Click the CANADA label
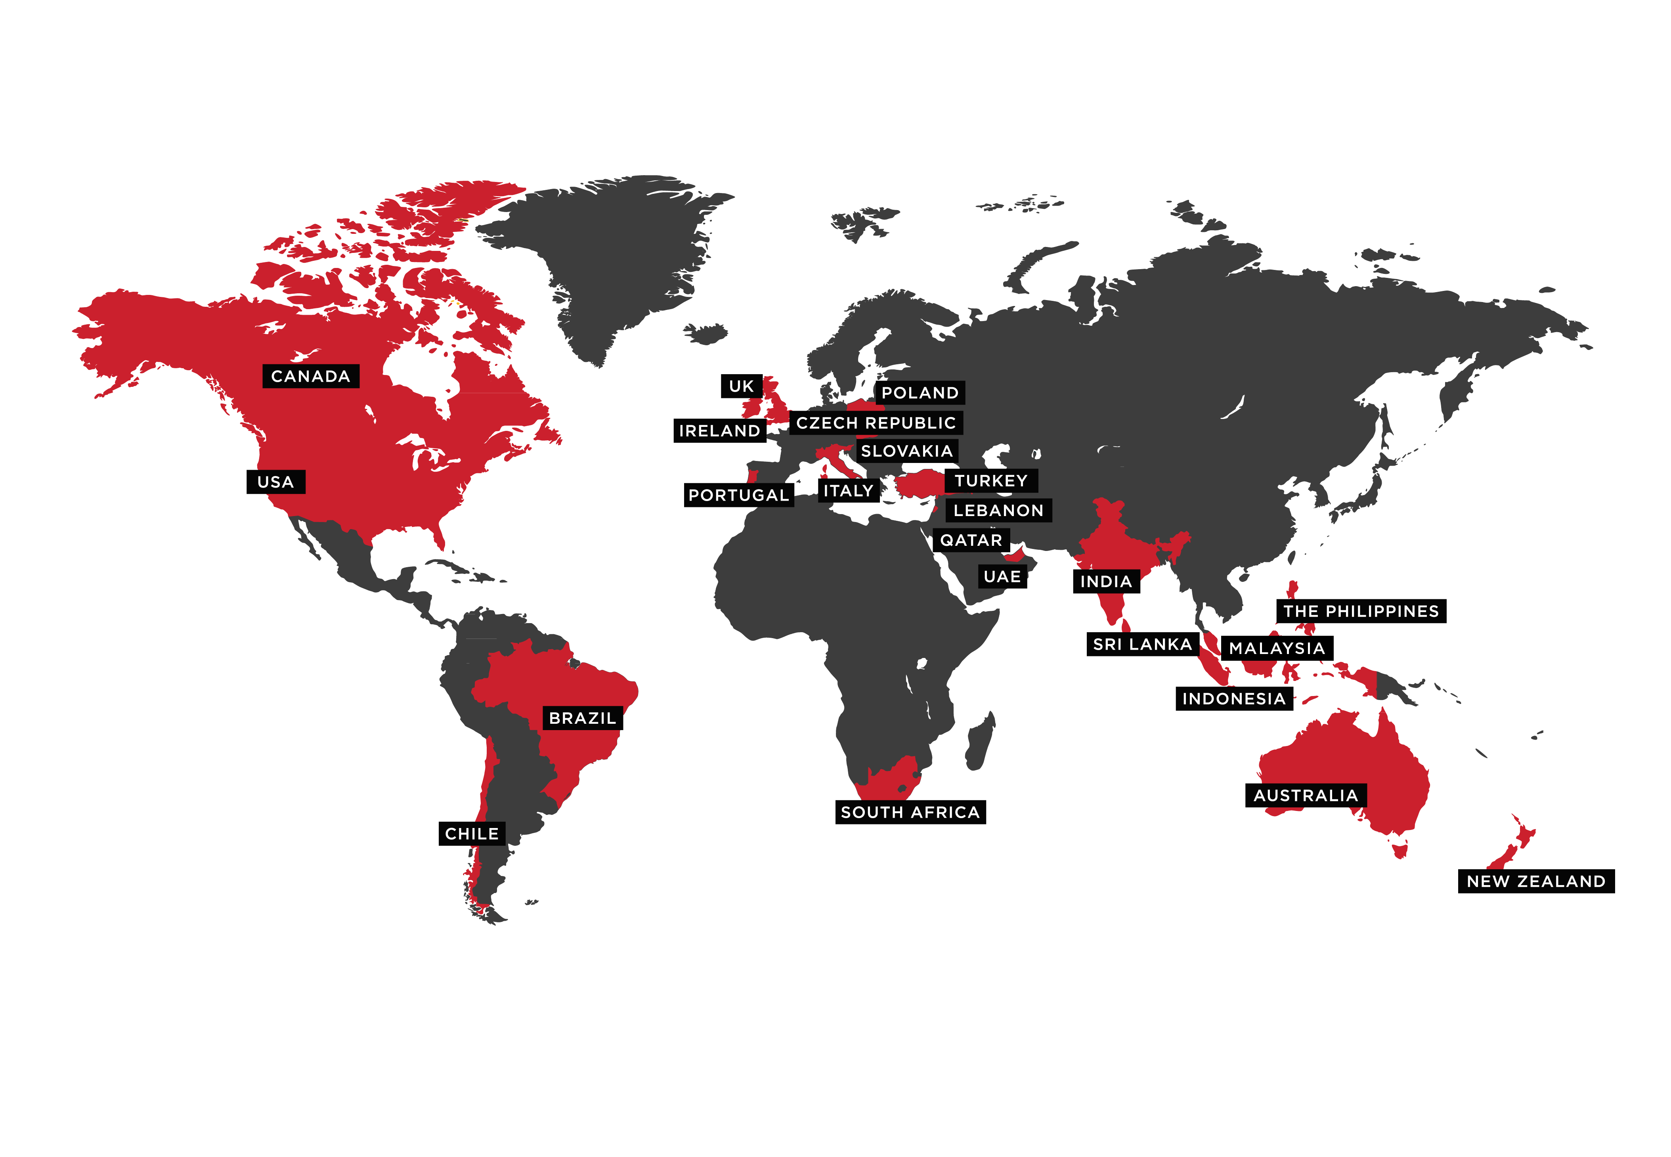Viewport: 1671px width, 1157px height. click(x=310, y=376)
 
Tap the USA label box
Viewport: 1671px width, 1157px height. click(x=275, y=482)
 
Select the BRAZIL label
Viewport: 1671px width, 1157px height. click(x=582, y=718)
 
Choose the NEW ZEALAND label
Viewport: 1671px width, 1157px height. click(x=1535, y=882)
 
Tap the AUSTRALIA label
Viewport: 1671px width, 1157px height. click(x=1306, y=796)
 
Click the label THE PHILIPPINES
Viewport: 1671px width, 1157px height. click(x=1361, y=611)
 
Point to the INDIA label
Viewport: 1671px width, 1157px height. click(x=1105, y=581)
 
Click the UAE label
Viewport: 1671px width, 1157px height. click(x=1002, y=577)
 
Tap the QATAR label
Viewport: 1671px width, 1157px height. click(x=971, y=540)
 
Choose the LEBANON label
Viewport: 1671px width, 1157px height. click(x=998, y=511)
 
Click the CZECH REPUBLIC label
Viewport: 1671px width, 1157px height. click(x=876, y=423)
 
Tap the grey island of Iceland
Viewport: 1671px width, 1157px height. click(x=705, y=333)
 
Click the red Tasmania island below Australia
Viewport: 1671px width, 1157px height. click(x=1400, y=848)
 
